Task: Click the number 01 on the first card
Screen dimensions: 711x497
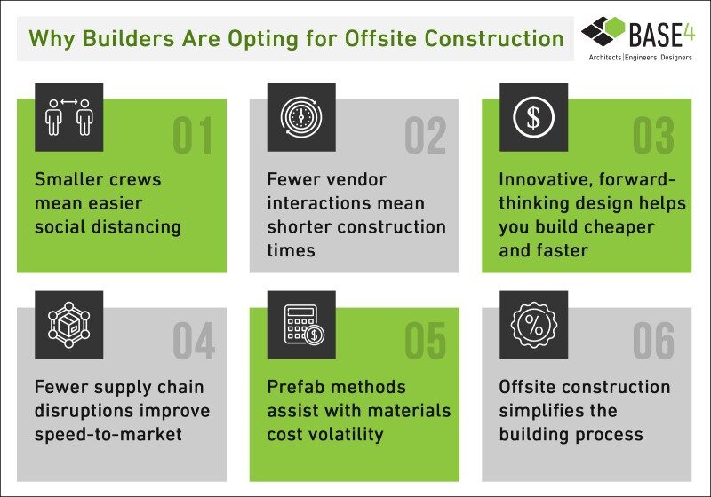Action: [192, 136]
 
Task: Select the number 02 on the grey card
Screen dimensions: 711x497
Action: [426, 136]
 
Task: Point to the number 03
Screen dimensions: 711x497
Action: [653, 136]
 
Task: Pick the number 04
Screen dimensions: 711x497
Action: [194, 341]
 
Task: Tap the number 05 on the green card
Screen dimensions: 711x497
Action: [426, 341]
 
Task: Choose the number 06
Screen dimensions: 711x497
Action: [653, 341]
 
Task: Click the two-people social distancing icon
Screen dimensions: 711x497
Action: [69, 117]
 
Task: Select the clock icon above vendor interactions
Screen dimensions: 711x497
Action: [301, 117]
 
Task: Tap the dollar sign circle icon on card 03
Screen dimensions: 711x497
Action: [534, 117]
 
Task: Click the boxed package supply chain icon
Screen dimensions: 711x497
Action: [69, 325]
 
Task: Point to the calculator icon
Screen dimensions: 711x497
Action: [304, 324]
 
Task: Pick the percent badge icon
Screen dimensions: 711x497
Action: [534, 325]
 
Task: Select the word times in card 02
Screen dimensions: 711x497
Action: [292, 250]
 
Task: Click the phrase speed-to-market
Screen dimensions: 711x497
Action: [108, 435]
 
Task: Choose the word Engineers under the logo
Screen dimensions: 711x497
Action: [641, 58]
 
